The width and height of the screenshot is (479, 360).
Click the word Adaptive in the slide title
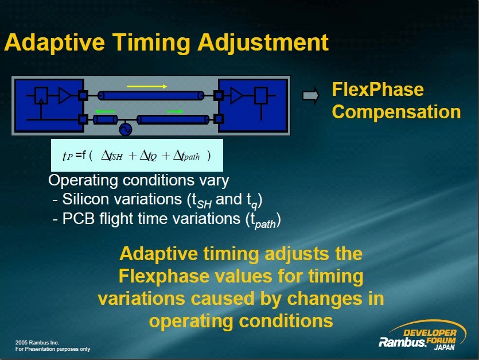click(x=55, y=42)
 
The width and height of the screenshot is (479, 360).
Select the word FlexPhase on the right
click(x=378, y=90)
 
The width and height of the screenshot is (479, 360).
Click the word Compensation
click(x=396, y=111)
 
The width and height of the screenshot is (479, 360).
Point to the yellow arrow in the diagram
click(x=147, y=87)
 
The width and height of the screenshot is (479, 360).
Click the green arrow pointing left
click(x=106, y=111)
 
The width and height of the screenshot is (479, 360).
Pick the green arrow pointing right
click(x=175, y=111)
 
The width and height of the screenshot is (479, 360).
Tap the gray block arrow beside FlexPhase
click(x=310, y=95)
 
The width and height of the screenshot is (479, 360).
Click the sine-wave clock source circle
click(x=126, y=129)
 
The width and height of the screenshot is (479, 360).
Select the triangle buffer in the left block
click(x=64, y=95)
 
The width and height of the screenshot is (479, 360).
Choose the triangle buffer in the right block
click(x=236, y=95)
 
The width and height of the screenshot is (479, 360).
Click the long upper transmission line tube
click(x=151, y=96)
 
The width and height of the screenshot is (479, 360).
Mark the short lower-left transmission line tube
click(x=106, y=119)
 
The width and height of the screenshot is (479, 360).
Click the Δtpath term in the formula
click(x=186, y=156)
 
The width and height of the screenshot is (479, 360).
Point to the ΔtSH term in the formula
click(x=112, y=156)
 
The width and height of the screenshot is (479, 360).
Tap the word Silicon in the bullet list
click(x=85, y=199)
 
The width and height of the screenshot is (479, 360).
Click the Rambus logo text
click(x=403, y=342)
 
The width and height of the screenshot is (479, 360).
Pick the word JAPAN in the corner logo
click(x=445, y=347)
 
